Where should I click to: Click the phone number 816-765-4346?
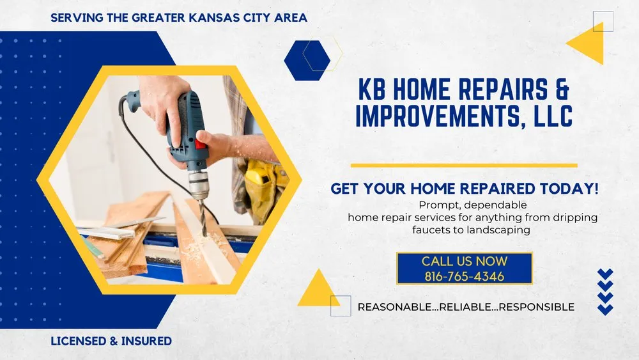464,277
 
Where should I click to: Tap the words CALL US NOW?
464,261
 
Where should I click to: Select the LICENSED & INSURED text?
111,341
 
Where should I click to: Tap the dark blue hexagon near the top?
307,60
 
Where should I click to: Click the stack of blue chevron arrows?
604,291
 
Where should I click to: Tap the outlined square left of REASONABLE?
340,306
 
